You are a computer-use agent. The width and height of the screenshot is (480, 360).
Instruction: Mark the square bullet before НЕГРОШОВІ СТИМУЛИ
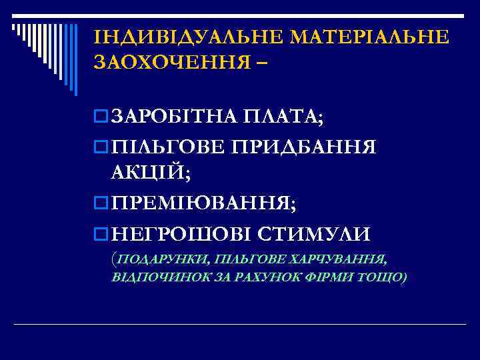tap(101, 235)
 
